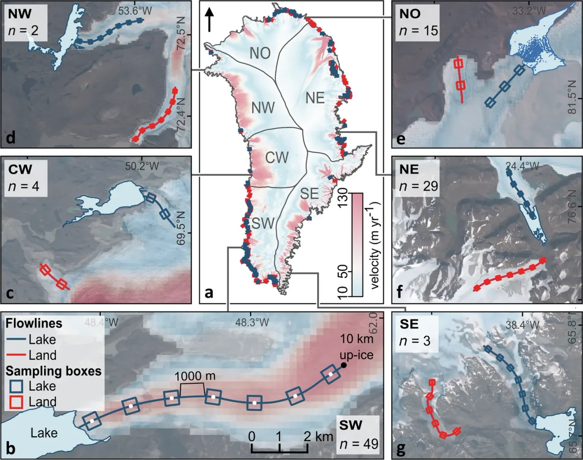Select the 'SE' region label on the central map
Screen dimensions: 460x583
click(309, 194)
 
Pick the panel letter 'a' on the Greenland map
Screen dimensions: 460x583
click(209, 292)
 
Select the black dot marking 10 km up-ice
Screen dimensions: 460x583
click(343, 365)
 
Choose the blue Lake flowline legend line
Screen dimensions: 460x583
click(18, 340)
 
